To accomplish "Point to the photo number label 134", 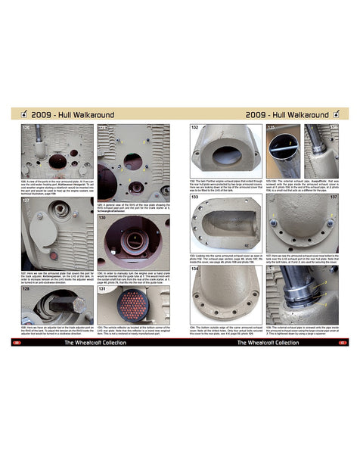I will tap(194, 267).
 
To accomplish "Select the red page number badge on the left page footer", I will tap(17, 342).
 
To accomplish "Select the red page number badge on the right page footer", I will tap(343, 342).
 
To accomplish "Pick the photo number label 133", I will tap(194, 197).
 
